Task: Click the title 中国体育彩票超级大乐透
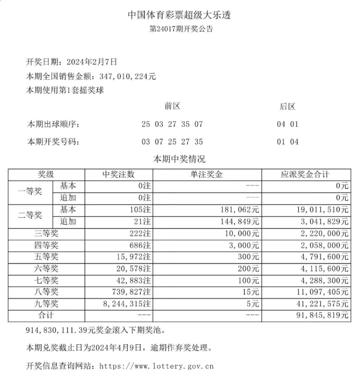tap(180, 15)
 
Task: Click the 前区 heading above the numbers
tap(172, 106)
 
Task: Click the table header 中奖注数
tap(119, 175)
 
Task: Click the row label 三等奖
tap(46, 233)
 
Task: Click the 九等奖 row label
tap(46, 304)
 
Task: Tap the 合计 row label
tap(46, 316)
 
